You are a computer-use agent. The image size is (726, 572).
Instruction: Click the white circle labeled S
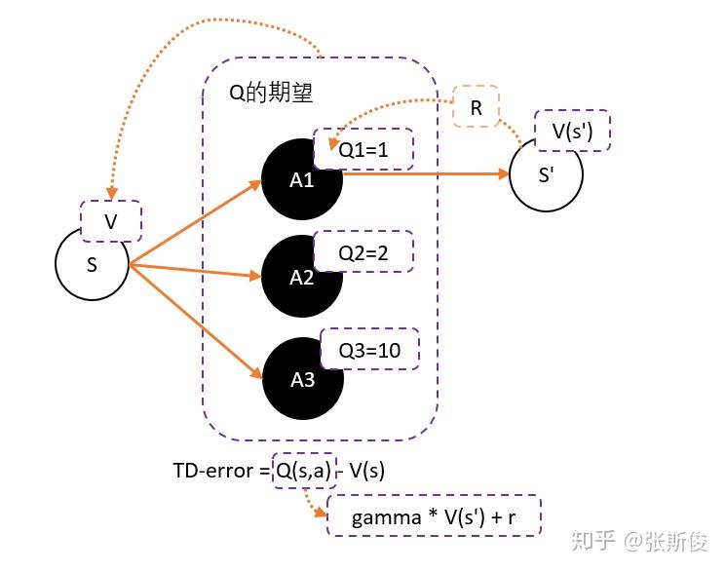[92, 264]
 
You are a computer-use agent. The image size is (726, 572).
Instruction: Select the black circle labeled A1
[301, 181]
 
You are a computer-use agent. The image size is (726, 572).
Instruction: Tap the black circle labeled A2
[302, 278]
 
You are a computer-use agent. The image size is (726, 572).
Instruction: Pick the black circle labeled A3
[302, 380]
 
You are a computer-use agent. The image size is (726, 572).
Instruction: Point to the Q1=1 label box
[363, 151]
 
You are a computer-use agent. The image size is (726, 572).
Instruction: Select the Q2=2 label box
[363, 252]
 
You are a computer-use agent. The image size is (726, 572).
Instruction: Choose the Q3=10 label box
[369, 351]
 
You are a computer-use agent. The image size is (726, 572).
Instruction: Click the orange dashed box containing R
[477, 108]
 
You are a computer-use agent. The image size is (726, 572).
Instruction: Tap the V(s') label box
[573, 131]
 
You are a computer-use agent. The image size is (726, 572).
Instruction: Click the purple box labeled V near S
[111, 221]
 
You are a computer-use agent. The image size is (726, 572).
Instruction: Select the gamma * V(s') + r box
[433, 515]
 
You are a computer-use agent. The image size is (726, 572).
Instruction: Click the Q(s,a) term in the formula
[302, 471]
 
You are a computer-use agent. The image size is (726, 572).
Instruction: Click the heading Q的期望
[270, 93]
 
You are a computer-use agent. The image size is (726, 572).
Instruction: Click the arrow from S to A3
[195, 321]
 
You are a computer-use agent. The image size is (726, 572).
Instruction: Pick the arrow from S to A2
[195, 270]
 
